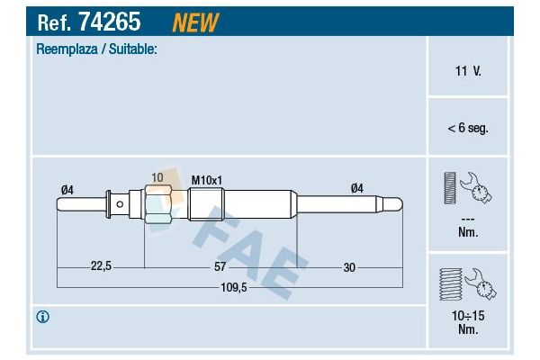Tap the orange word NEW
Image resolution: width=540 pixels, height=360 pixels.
pos(195,22)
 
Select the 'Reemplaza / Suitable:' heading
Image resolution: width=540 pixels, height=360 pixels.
pos(96,50)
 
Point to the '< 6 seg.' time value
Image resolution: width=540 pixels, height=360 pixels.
pos(467,128)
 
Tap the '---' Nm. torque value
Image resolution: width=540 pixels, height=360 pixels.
pos(467,226)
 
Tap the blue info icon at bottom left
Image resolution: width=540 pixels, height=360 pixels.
pos(42,317)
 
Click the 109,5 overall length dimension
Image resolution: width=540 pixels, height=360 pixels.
pos(234,288)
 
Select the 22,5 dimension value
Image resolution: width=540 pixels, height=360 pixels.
pos(101,265)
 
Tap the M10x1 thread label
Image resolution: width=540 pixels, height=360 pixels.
pos(207,180)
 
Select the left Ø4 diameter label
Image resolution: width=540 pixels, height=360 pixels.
pos(67,188)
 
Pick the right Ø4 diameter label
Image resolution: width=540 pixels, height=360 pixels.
pos(356,188)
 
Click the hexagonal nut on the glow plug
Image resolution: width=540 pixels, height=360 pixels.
pos(157,205)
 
